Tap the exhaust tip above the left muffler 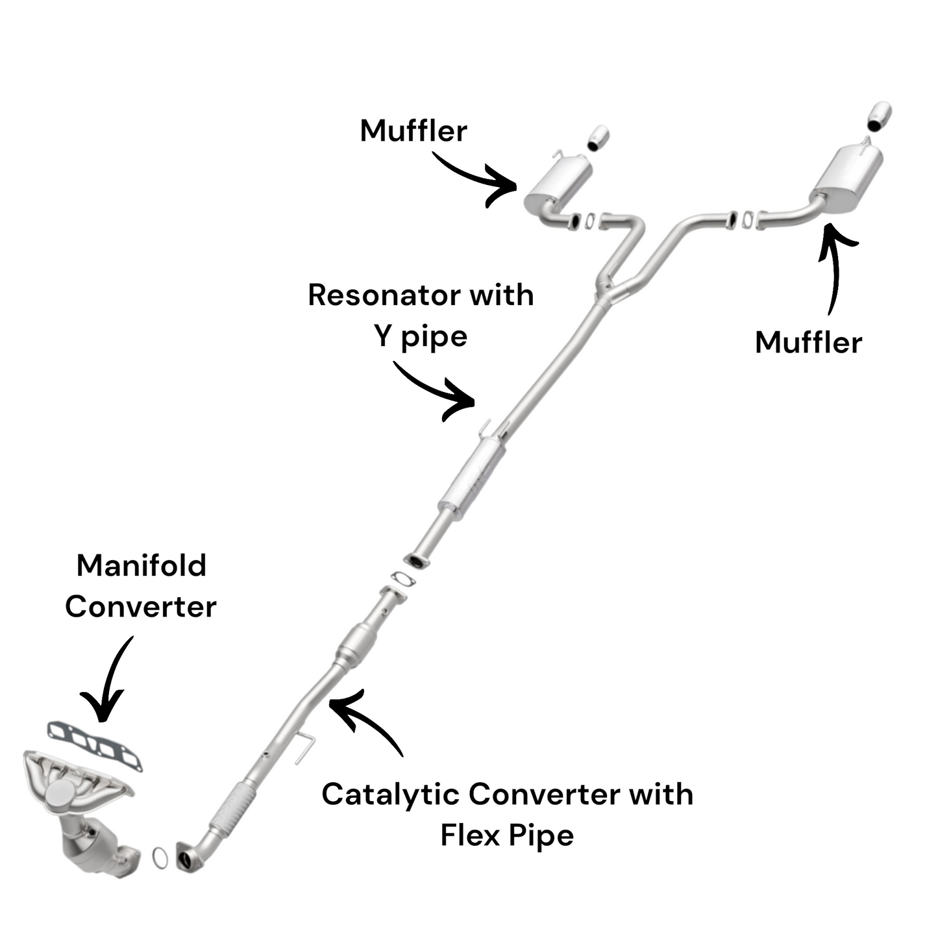click(x=599, y=138)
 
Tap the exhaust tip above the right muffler click(x=880, y=116)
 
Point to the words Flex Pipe click(x=507, y=835)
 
